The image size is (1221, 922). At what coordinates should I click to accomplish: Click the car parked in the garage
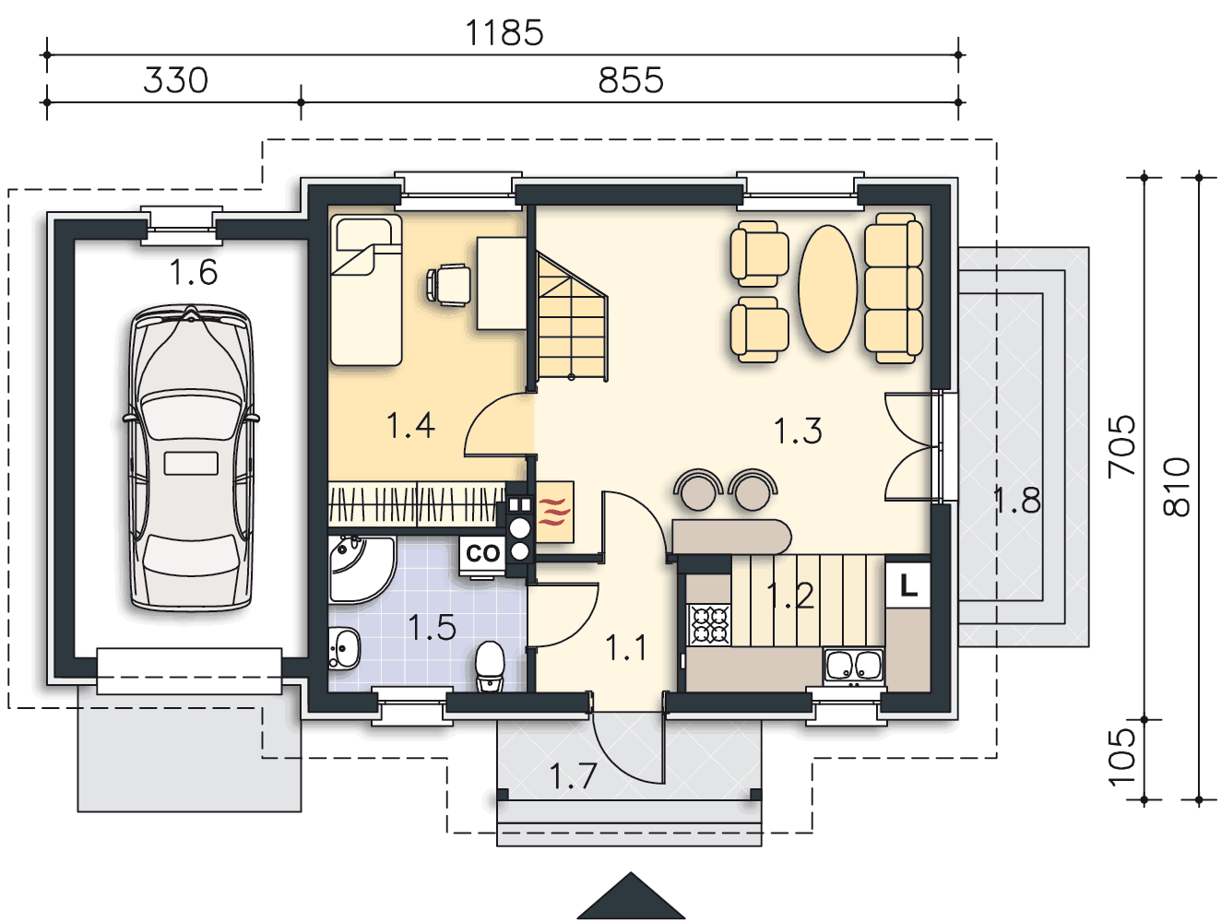[191, 457]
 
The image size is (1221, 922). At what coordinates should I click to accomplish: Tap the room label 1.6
[193, 273]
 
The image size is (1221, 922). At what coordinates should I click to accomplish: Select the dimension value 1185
[504, 33]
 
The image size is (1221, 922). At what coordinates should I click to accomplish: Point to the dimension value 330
[175, 80]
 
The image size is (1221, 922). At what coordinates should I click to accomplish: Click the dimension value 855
[631, 80]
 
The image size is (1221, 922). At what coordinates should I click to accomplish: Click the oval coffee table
[827, 289]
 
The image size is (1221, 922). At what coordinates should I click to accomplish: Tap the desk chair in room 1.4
[449, 285]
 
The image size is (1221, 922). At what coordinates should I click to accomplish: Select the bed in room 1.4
[366, 290]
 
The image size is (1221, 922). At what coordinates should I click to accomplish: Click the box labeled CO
[482, 553]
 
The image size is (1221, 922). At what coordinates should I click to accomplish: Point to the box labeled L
[907, 585]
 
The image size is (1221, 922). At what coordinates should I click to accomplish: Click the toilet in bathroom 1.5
[490, 667]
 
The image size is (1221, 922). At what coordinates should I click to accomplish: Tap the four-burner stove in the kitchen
[708, 624]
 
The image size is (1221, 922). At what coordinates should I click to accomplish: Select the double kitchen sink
[853, 666]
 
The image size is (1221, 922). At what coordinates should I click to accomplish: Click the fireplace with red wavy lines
[554, 512]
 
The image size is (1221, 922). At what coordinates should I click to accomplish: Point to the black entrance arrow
[631, 895]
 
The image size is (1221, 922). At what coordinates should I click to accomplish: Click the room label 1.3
[798, 431]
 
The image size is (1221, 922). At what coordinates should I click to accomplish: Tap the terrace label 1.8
[1016, 500]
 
